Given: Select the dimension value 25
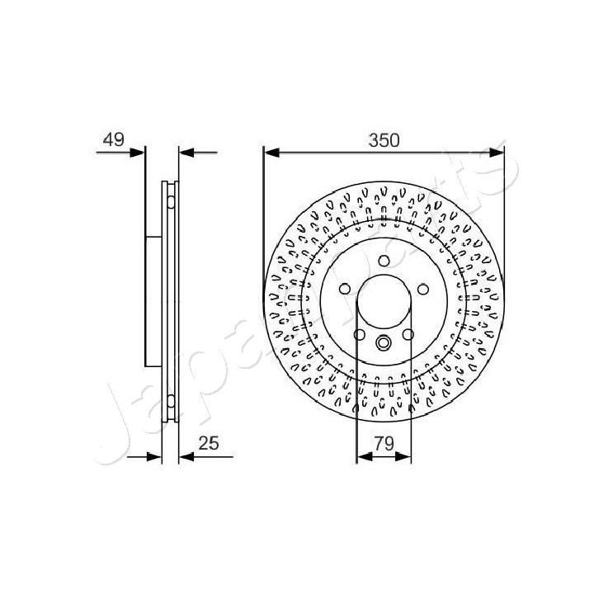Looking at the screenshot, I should (210, 443).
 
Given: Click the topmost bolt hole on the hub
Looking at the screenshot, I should (384, 261).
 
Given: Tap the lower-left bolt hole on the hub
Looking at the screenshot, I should (360, 334).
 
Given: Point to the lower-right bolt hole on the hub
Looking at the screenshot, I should (408, 334).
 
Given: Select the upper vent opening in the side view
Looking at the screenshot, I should (170, 200).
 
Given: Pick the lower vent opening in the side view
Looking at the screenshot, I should (170, 402).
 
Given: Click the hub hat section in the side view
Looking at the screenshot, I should (153, 301).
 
